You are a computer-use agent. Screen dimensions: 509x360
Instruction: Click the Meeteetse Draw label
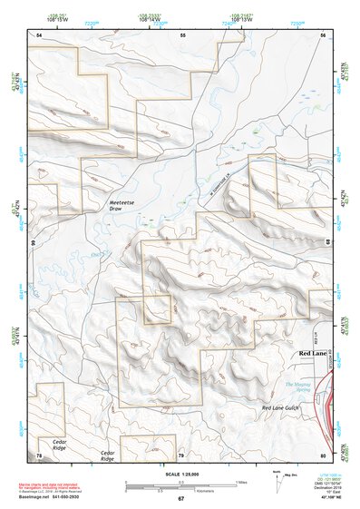(x=122, y=204)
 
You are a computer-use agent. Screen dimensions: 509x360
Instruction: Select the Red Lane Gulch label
(x=280, y=408)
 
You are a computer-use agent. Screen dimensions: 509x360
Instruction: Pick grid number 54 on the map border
(x=39, y=34)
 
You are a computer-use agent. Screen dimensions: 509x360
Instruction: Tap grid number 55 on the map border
(x=182, y=34)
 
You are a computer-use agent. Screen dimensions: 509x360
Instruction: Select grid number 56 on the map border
(x=323, y=34)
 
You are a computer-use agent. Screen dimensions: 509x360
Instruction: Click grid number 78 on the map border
(x=39, y=454)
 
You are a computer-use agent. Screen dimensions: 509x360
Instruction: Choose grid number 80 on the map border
(x=323, y=454)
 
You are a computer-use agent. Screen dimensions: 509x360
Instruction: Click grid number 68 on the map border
(x=328, y=241)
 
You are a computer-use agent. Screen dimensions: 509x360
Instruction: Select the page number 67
(x=180, y=498)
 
